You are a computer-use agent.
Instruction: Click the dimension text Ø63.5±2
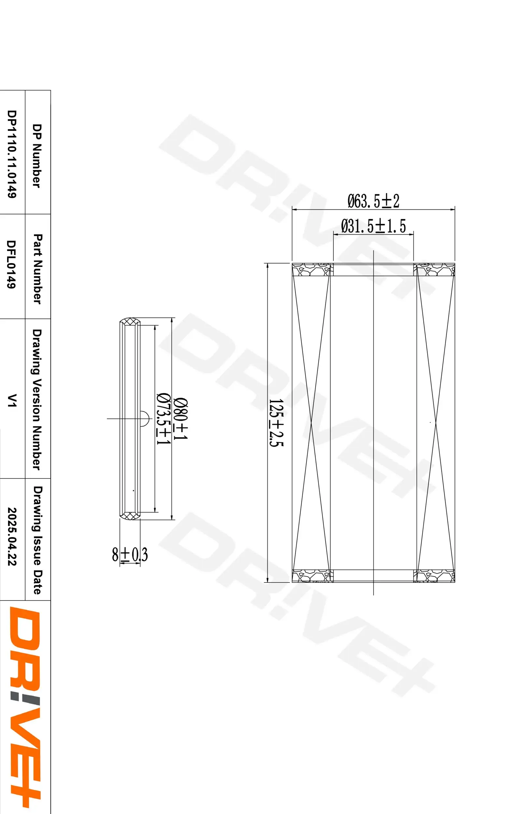[x=373, y=201]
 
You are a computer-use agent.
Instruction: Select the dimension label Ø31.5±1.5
[x=373, y=226]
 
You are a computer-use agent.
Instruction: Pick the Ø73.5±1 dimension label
[x=163, y=419]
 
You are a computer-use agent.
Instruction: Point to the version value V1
[x=12, y=400]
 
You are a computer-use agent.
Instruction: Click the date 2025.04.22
[x=12, y=536]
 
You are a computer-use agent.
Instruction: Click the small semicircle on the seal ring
[x=144, y=418]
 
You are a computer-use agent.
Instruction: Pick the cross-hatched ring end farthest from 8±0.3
[x=130, y=322]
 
